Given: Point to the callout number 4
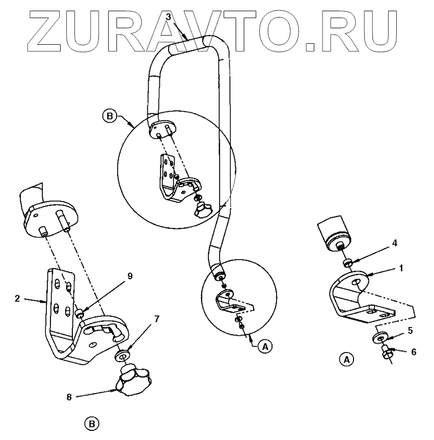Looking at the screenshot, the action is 394,244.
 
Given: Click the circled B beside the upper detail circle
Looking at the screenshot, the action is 108,116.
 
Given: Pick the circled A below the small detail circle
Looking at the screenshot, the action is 264,346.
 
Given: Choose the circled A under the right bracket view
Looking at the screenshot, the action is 346,359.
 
